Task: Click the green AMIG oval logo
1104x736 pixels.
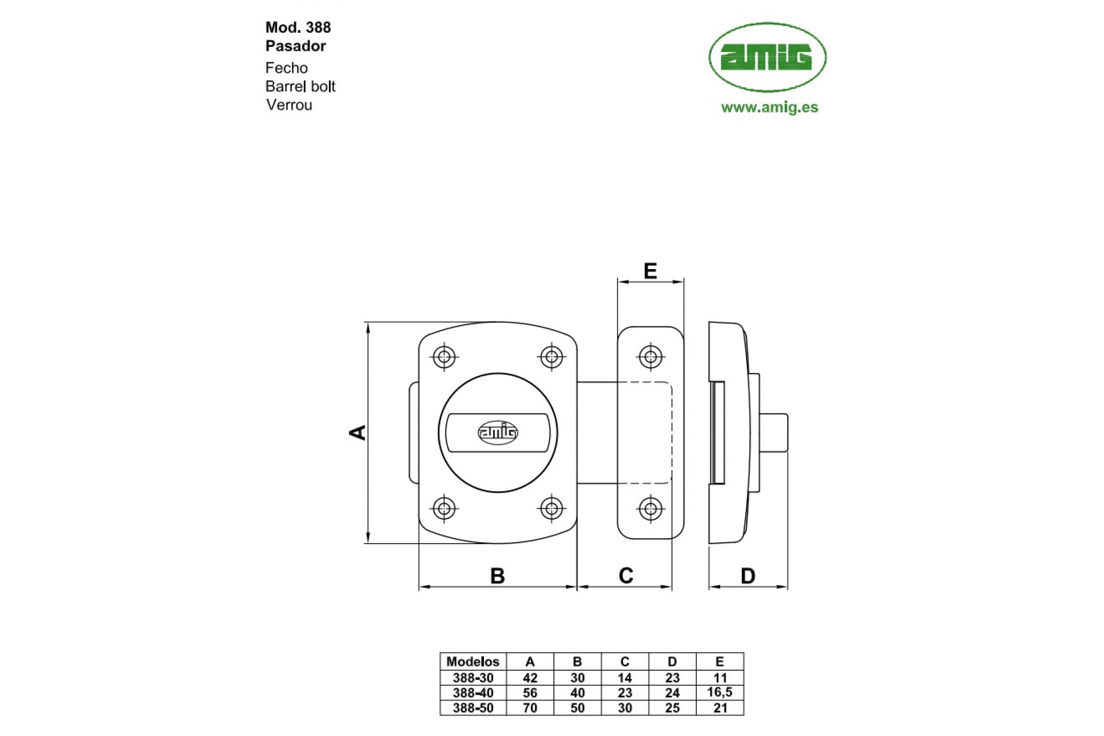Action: pyautogui.click(x=767, y=57)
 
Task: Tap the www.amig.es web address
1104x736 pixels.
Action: pyautogui.click(x=769, y=107)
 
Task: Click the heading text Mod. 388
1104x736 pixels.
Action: pyautogui.click(x=298, y=27)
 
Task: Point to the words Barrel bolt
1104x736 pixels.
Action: pyautogui.click(x=300, y=86)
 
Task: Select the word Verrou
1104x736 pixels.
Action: pyautogui.click(x=289, y=105)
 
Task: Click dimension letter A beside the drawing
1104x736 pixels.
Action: pyautogui.click(x=358, y=432)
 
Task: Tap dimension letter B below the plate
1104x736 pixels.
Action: pyautogui.click(x=498, y=576)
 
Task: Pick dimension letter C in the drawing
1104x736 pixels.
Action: pyautogui.click(x=626, y=575)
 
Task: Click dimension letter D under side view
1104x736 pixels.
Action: pyautogui.click(x=748, y=576)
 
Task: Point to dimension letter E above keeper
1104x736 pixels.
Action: pyautogui.click(x=650, y=271)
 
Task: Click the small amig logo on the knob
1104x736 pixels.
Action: pyautogui.click(x=498, y=432)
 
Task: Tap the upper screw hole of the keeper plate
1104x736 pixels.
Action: pyautogui.click(x=650, y=357)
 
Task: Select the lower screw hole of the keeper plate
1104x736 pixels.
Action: pyautogui.click(x=650, y=508)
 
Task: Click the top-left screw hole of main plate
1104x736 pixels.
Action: pyautogui.click(x=444, y=357)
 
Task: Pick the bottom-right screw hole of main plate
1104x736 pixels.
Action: pyautogui.click(x=552, y=508)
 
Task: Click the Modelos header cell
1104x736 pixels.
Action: pyautogui.click(x=473, y=662)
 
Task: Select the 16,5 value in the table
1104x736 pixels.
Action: pyautogui.click(x=719, y=692)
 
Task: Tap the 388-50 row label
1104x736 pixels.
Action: pyautogui.click(x=473, y=708)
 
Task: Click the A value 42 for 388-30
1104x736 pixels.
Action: pyautogui.click(x=530, y=678)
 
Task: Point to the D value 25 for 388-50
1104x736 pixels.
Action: pyautogui.click(x=672, y=708)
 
